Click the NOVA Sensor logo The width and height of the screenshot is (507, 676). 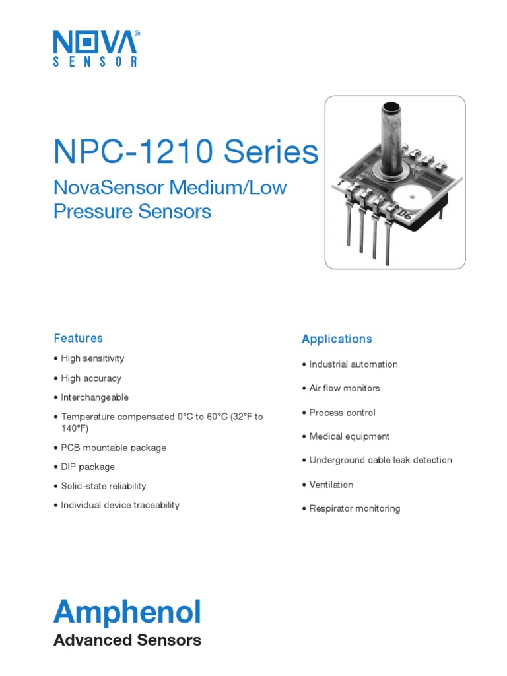pyautogui.click(x=96, y=48)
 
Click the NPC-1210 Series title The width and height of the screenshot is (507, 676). pyautogui.click(x=186, y=152)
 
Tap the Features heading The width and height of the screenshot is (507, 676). pyautogui.click(x=78, y=338)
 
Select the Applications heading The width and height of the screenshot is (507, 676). pyautogui.click(x=337, y=339)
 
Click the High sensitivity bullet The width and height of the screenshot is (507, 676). pyautogui.click(x=92, y=358)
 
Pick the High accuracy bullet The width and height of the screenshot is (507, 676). pyautogui.click(x=91, y=378)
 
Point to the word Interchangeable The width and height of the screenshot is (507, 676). pyautogui.click(x=94, y=397)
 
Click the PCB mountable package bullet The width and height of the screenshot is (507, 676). pyautogui.click(x=114, y=448)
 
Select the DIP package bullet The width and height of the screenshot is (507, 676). pyautogui.click(x=88, y=467)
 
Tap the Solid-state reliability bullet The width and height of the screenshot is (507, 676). pyautogui.click(x=104, y=486)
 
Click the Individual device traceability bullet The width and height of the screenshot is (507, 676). pyautogui.click(x=120, y=505)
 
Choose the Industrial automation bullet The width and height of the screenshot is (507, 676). pyautogui.click(x=353, y=364)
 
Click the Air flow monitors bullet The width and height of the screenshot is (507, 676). pyautogui.click(x=345, y=388)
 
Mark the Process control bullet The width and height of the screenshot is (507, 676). pyautogui.click(x=342, y=413)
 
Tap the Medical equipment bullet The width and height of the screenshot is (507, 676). pyautogui.click(x=349, y=436)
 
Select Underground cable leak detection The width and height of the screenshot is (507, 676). pyautogui.click(x=380, y=460)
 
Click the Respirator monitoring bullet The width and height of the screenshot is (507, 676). pyautogui.click(x=355, y=508)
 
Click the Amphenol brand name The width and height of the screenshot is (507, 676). pyautogui.click(x=127, y=613)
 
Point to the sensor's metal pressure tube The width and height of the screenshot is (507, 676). pyautogui.click(x=391, y=135)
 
